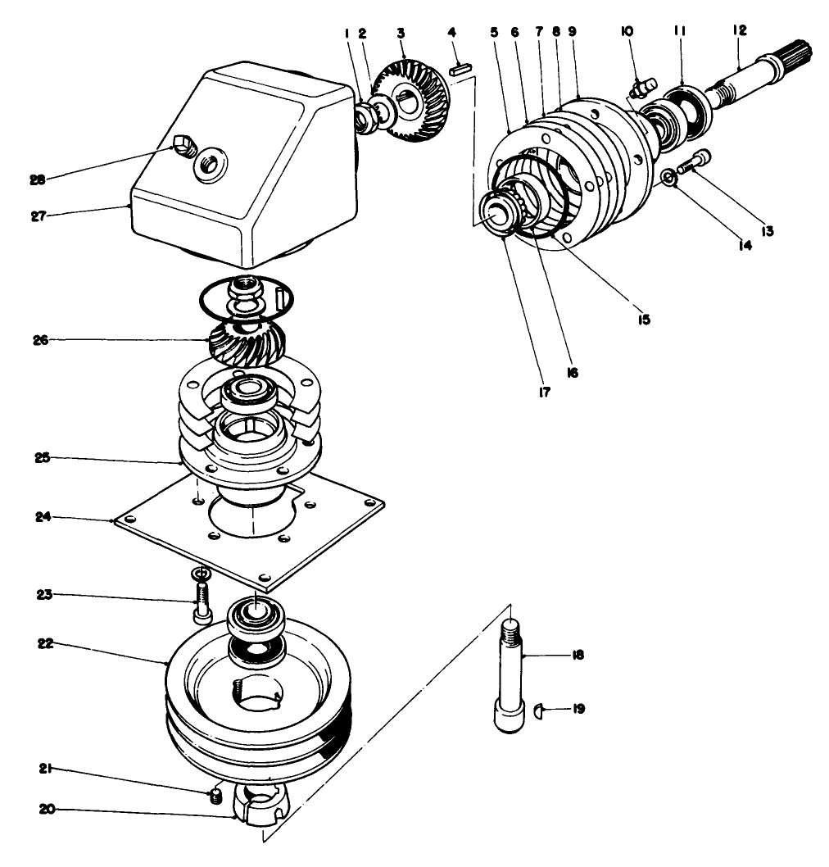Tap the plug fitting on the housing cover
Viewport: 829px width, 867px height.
tap(183, 148)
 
